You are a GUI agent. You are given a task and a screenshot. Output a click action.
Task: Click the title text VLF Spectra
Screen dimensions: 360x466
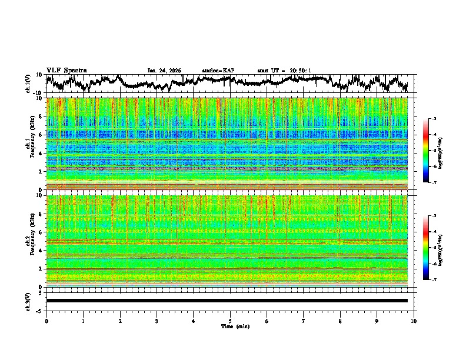(x=66, y=70)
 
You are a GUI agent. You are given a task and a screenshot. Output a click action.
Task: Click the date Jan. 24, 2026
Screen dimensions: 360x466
(x=164, y=71)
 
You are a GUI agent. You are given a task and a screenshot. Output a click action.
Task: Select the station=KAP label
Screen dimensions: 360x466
(x=218, y=71)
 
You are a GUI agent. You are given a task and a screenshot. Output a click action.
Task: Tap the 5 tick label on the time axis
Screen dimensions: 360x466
(x=230, y=321)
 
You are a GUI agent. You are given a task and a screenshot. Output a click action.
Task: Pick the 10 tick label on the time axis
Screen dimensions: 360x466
(x=414, y=321)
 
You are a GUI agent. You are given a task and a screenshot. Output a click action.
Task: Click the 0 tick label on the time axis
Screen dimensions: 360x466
(x=46, y=321)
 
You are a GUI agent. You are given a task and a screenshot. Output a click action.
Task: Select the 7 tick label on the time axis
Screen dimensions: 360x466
(x=304, y=321)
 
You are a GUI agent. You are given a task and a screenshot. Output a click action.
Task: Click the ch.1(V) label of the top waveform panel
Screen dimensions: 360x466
(x=28, y=83)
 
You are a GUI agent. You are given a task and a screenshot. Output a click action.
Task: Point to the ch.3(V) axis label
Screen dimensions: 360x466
(x=28, y=301)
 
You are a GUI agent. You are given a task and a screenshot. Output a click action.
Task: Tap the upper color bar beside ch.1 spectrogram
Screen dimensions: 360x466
(x=426, y=151)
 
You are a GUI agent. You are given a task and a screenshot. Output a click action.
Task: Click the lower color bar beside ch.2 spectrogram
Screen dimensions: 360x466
(x=426, y=248)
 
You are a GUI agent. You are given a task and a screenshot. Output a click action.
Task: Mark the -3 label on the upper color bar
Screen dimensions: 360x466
(x=433, y=119)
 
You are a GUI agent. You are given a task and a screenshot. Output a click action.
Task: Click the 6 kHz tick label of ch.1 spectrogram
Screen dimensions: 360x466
(x=41, y=135)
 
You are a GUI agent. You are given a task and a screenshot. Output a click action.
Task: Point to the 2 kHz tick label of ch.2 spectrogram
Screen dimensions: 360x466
(x=41, y=268)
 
